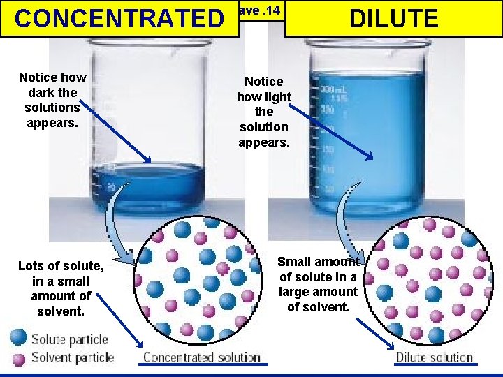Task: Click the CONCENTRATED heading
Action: (x=117, y=18)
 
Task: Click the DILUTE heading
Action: (x=394, y=18)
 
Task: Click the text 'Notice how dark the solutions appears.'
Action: (x=52, y=100)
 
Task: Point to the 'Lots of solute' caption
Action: (x=61, y=288)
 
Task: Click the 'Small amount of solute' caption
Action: (x=318, y=283)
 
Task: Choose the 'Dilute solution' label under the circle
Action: (x=434, y=357)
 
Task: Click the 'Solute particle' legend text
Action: (x=69, y=340)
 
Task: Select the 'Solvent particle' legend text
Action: (x=72, y=358)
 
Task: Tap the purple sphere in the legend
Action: (x=19, y=358)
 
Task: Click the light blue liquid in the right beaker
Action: (x=370, y=140)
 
